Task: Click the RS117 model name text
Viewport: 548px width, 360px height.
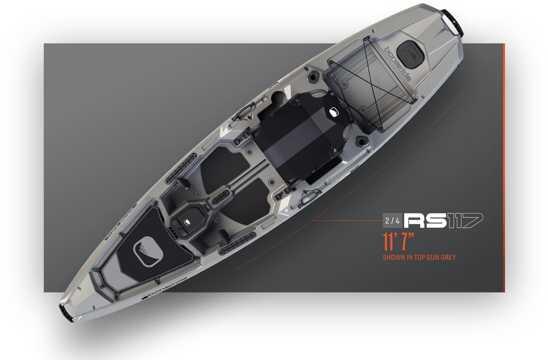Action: click(x=443, y=221)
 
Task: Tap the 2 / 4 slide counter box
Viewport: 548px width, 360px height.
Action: click(x=392, y=221)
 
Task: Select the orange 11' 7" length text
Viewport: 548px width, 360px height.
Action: click(x=398, y=242)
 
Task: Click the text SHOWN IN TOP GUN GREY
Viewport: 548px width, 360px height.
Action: click(x=419, y=258)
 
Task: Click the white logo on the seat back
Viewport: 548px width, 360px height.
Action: click(x=334, y=112)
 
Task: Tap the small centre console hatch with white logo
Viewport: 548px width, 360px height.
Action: click(x=187, y=222)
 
